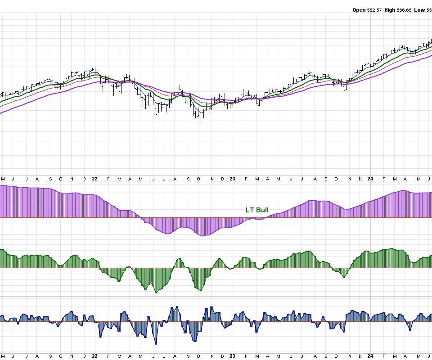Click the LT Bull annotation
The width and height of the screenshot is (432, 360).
click(257, 210)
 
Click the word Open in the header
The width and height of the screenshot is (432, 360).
click(359, 10)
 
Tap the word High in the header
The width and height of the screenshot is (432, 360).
click(390, 10)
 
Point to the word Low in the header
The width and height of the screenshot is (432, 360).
click(419, 10)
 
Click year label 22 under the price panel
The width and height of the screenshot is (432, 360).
click(94, 179)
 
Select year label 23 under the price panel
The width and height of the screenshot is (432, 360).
click(233, 179)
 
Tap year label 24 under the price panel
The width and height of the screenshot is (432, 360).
click(370, 179)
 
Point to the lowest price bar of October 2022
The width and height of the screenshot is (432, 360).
click(201, 122)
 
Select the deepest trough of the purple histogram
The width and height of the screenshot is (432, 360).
click(202, 236)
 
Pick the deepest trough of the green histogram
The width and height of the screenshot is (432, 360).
click(156, 293)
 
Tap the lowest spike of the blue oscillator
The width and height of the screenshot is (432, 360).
click(156, 344)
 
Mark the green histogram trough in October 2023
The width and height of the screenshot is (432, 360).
click(344, 277)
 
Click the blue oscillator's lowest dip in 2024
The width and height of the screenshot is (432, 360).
click(410, 330)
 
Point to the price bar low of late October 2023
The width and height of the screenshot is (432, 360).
click(345, 91)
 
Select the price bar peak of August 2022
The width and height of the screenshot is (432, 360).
click(179, 85)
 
